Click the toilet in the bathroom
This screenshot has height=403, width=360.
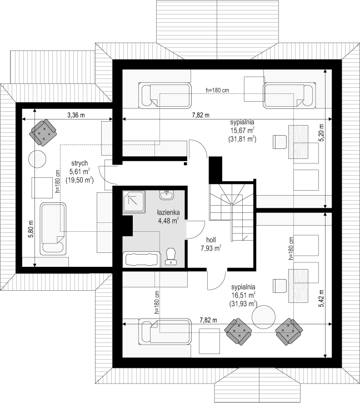171,256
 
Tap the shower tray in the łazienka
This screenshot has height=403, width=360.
134,201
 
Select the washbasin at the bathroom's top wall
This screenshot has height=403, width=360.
167,195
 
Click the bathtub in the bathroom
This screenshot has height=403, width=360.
142,260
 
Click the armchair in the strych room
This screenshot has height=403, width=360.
43,133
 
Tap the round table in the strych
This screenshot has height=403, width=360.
37,159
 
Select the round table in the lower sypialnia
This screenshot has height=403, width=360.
263,316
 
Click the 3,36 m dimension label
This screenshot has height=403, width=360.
76,115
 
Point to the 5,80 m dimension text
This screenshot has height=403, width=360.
31,229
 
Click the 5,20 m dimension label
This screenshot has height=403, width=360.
322,133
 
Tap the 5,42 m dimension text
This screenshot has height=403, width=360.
322,298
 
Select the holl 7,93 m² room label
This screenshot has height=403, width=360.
211,244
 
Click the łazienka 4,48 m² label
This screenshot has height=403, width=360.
168,217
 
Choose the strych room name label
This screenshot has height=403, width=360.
79,163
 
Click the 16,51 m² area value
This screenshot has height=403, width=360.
243,295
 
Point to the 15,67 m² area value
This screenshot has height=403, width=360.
242,130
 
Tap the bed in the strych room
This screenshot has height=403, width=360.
53,229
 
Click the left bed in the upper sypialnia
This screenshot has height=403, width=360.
165,96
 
